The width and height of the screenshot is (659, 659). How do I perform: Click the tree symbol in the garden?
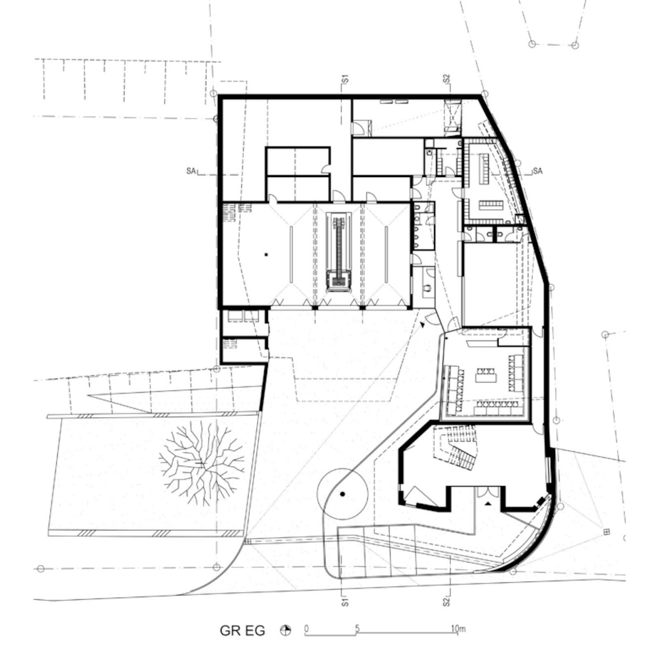tap(202, 463)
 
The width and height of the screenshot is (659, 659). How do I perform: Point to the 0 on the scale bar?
tap(307, 610)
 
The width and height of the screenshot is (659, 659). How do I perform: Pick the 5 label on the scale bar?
tap(357, 610)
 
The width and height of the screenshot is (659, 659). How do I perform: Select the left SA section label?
tap(191, 171)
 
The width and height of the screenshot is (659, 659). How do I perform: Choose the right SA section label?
tap(537, 171)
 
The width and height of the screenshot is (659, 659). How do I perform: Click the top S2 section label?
tap(446, 79)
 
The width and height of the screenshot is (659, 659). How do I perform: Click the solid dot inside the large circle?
tap(343, 494)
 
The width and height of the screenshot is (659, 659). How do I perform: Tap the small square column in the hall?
tap(266, 255)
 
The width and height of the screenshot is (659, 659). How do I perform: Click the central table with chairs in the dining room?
tap(485, 376)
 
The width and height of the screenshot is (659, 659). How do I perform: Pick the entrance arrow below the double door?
tap(488, 503)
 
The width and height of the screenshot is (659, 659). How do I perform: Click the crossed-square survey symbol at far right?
tap(607, 531)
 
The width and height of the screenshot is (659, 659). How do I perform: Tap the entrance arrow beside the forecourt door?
tap(423, 324)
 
